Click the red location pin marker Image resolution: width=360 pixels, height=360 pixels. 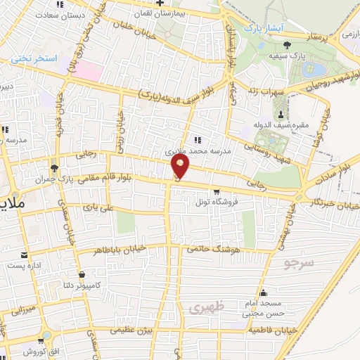[x=181, y=167]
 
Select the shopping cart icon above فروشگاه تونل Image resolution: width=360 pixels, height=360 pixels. [x=217, y=192]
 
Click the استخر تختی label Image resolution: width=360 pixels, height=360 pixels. [x=33, y=60]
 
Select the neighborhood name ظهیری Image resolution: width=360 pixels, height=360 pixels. [x=205, y=307]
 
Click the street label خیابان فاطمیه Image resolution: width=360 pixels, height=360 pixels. [x=271, y=330]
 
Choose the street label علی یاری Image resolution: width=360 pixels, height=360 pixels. [x=97, y=208]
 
